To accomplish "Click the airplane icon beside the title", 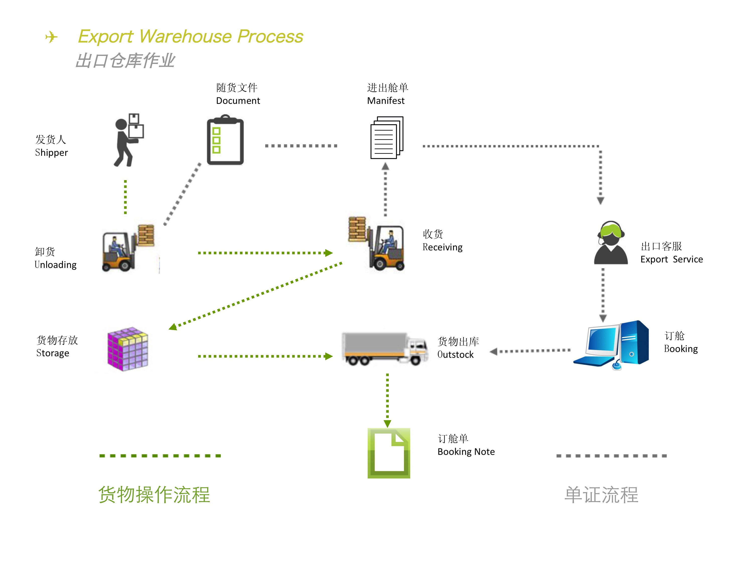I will click(x=51, y=37).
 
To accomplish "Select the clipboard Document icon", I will click(x=225, y=140).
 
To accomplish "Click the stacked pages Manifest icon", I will click(x=387, y=138).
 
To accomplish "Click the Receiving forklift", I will click(x=377, y=244).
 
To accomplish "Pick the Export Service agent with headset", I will click(x=611, y=243).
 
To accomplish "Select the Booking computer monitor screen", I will click(x=603, y=340).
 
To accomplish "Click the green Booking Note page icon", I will click(x=389, y=453).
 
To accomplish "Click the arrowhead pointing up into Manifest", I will click(x=385, y=166).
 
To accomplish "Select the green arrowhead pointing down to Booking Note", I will click(x=387, y=424).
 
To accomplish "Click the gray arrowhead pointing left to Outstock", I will click(x=494, y=351).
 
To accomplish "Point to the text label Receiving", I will click(x=442, y=247).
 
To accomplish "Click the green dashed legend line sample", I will click(x=160, y=456).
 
